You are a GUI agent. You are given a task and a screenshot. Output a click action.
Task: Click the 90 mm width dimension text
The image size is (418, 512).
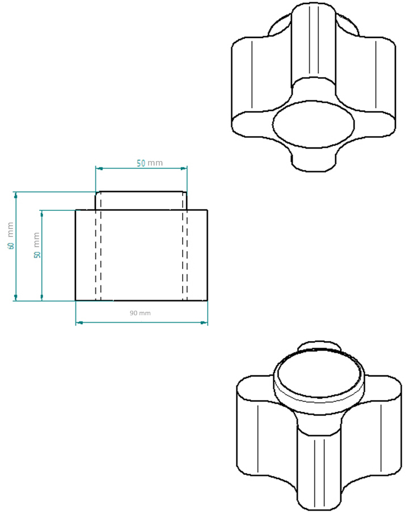140,313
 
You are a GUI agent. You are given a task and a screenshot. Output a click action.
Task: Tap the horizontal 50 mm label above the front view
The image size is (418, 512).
149,163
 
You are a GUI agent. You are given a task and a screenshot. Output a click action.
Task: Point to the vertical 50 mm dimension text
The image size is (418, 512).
37,245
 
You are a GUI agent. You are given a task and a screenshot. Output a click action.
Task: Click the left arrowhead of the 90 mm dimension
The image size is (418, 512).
79,323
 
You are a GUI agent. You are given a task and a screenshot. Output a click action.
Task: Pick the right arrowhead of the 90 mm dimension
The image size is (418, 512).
204,323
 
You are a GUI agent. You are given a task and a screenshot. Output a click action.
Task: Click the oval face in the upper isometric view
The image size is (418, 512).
313,124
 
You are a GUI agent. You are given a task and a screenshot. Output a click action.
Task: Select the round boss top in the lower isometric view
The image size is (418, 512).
318,374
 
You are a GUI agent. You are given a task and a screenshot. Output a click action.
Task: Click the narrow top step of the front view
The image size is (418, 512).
141,201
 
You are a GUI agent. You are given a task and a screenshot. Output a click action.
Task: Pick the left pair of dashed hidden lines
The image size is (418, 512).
98,255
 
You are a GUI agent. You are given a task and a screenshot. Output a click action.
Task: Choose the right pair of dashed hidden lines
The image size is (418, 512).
185,255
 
